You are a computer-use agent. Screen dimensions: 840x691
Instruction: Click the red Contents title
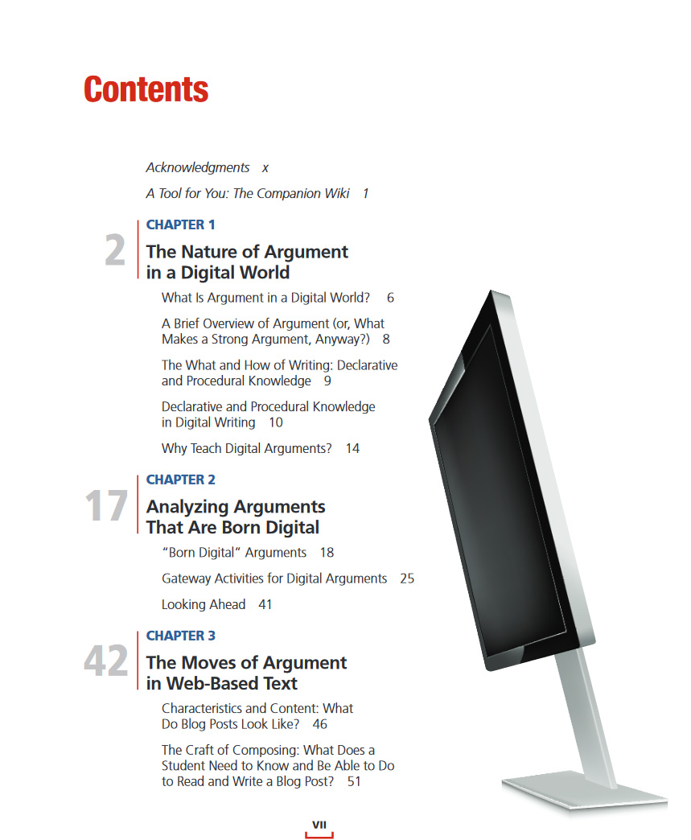tap(146, 89)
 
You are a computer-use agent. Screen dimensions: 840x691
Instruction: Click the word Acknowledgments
tap(198, 167)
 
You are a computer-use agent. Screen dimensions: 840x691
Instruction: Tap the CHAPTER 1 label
tap(180, 224)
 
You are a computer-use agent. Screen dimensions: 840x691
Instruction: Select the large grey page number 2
tap(115, 252)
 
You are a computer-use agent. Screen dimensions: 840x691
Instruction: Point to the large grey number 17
tap(106, 507)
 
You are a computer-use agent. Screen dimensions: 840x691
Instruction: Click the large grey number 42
tap(106, 662)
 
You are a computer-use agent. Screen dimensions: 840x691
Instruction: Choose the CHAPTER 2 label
tap(180, 480)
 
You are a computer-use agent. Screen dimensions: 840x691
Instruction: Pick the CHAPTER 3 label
tap(180, 636)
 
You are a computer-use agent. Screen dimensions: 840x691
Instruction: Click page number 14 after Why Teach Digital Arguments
tap(352, 448)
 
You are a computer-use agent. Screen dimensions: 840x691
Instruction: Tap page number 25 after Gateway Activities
tap(407, 579)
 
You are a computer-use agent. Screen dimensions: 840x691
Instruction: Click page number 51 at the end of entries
tap(354, 781)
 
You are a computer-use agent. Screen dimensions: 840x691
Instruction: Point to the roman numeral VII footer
tap(319, 825)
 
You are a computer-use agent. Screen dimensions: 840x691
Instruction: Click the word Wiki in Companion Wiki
tap(336, 193)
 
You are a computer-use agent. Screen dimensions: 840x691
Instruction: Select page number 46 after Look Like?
tap(319, 724)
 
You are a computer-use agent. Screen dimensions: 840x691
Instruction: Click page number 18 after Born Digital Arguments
tap(327, 553)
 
